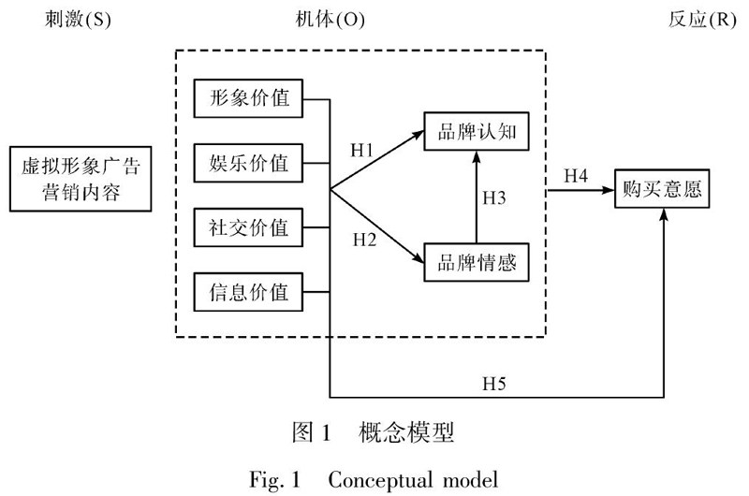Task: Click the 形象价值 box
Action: (248, 97)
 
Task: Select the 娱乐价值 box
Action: (248, 163)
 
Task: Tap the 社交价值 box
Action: (248, 226)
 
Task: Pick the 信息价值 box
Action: (248, 292)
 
